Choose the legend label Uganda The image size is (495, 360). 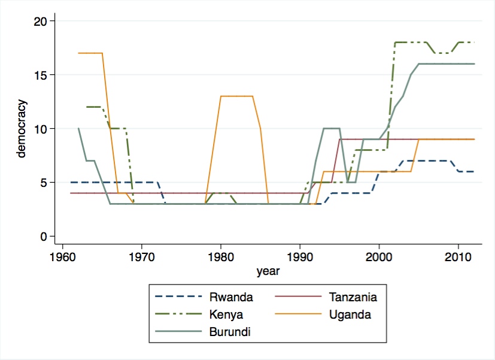(x=351, y=314)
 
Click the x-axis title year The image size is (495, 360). (x=268, y=271)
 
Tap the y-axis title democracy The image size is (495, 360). (x=22, y=129)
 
